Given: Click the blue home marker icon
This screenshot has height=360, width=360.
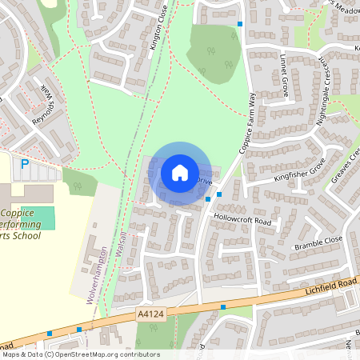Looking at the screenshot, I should [179, 173].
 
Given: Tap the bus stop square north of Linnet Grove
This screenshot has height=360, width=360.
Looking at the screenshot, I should [239, 24].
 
